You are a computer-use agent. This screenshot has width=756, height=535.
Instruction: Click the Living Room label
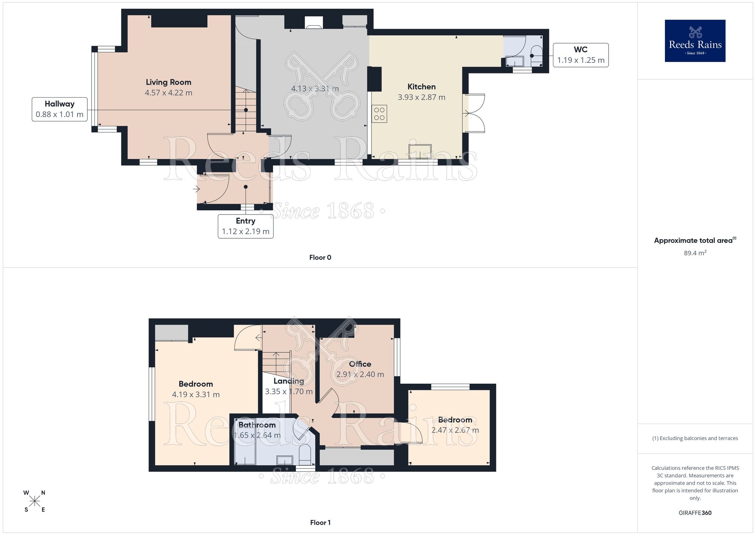pos(168,82)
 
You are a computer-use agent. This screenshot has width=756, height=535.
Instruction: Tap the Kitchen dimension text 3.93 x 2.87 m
pos(421,97)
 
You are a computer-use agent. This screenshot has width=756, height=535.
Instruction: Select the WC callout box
pos(581,55)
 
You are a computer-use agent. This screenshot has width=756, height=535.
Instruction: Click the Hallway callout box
pos(59,109)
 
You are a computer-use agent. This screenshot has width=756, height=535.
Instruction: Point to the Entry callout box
pos(245,226)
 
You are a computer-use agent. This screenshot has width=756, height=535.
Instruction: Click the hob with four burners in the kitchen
pos(379,114)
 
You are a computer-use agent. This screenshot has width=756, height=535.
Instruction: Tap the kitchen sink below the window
pos(420,151)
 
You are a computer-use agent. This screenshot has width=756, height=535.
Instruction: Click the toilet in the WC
pos(536,53)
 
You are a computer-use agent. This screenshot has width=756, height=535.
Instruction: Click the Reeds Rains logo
pos(695,41)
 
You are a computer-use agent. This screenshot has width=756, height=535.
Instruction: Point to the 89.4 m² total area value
pos(695,253)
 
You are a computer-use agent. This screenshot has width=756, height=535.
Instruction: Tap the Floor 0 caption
pos(320,258)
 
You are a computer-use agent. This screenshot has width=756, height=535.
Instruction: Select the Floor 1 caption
pos(320,523)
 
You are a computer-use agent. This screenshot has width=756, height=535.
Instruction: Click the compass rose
pos(34,501)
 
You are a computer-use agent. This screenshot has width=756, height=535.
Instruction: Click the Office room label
pos(360,364)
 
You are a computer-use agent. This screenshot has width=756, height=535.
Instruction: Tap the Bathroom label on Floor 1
pos(257,425)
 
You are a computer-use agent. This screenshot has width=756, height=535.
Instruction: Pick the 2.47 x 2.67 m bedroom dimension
pos(455,430)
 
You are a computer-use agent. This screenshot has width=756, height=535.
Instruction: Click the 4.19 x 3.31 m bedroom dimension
pos(195,395)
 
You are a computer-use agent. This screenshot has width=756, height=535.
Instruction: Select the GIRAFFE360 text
pos(695,513)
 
